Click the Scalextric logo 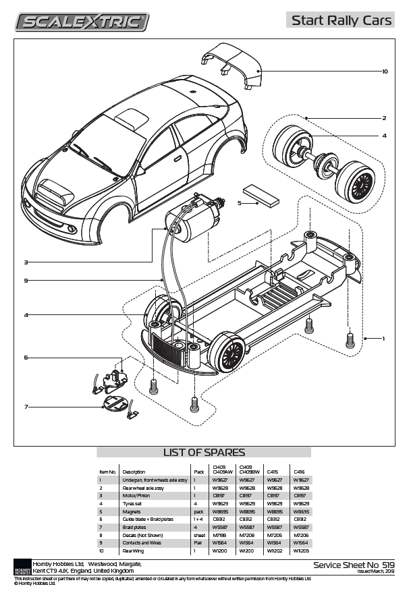pyautogui.click(x=82, y=22)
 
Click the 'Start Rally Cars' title pyautogui.click(x=341, y=21)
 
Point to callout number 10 pyautogui.click(x=384, y=71)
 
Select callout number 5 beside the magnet pyautogui.click(x=240, y=202)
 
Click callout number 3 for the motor pyautogui.click(x=26, y=262)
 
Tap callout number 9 pyautogui.click(x=26, y=280)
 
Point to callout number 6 pyautogui.click(x=26, y=357)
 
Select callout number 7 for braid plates pyautogui.click(x=26, y=407)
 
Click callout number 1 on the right pyautogui.click(x=383, y=337)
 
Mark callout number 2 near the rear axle pyautogui.click(x=384, y=118)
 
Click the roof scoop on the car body pyautogui.click(x=132, y=120)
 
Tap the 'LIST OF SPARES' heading pyautogui.click(x=204, y=452)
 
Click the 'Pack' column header pyautogui.click(x=198, y=472)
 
